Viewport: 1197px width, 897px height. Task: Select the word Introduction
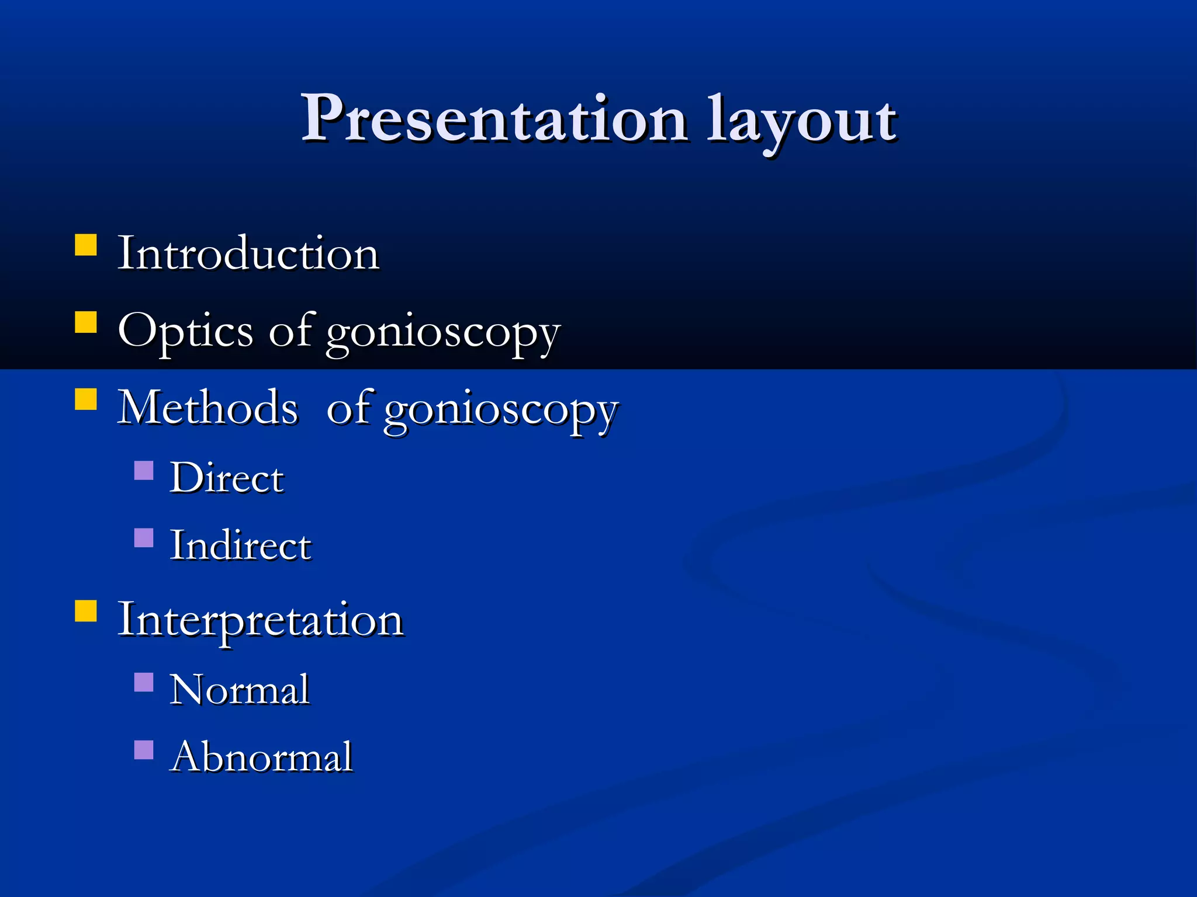coord(248,253)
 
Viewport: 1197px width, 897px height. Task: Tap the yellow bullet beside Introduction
coord(86,245)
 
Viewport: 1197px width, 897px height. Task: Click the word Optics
coord(185,332)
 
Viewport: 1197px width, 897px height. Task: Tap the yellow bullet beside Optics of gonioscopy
coord(86,322)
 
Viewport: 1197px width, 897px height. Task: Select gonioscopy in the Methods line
coord(500,411)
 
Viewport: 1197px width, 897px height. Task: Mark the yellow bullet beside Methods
coord(86,399)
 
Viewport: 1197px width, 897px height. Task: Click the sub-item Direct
coord(227,478)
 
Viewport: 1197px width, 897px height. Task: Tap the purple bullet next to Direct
coord(144,470)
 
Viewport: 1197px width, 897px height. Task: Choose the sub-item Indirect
coord(240,545)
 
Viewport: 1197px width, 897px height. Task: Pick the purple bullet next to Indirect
coord(144,538)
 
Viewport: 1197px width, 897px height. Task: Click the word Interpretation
coord(260,620)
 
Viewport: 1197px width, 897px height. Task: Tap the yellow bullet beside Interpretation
coord(86,611)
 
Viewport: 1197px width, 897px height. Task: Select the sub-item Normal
coord(240,690)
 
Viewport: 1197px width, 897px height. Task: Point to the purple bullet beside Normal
coord(144,682)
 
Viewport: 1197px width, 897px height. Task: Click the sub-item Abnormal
coord(262,757)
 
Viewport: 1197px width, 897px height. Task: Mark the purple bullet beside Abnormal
coord(144,750)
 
